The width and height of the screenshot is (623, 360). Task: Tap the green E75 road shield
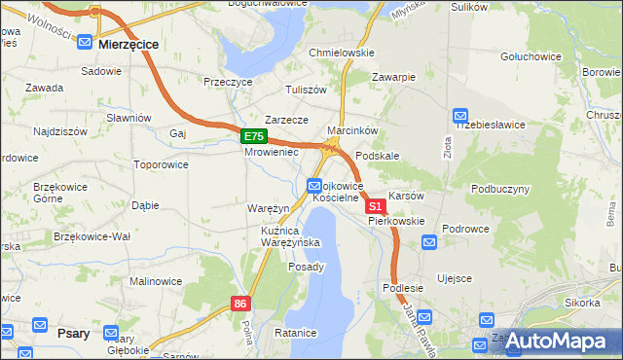(253, 137)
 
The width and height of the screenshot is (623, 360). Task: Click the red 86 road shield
(241, 305)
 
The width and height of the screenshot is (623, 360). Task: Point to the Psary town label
(74, 333)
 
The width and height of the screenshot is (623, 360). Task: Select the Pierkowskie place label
(396, 221)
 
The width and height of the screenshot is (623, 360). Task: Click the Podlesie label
(402, 288)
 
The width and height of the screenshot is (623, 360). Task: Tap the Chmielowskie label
(341, 53)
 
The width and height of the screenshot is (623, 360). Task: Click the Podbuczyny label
(500, 188)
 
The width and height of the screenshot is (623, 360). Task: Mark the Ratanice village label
(296, 333)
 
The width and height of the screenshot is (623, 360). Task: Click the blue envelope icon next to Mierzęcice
(85, 44)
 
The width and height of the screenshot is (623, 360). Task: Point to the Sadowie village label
(101, 71)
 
